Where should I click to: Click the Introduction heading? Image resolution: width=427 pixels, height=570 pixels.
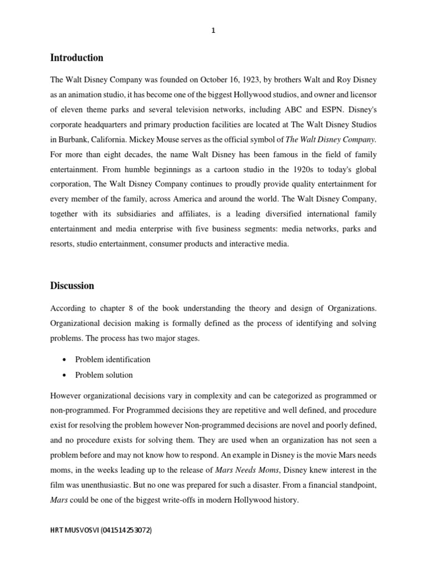click(x=77, y=58)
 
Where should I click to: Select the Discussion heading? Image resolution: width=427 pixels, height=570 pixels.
click(x=72, y=286)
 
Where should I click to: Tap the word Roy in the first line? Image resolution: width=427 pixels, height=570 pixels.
click(x=333, y=79)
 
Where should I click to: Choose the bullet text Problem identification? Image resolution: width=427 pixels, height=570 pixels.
click(x=113, y=360)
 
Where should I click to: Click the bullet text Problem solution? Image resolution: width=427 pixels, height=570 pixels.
click(x=104, y=375)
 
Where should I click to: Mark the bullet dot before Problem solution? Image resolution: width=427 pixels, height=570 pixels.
click(x=64, y=375)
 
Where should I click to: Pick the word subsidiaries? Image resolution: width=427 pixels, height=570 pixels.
click(x=140, y=214)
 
